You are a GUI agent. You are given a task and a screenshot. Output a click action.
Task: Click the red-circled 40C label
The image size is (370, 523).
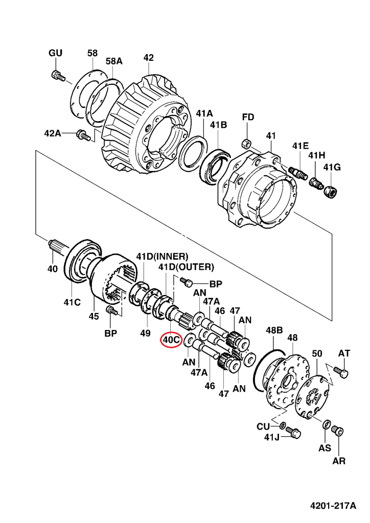(x=171, y=339)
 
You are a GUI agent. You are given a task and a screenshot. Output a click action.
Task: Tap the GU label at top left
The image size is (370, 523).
(x=55, y=53)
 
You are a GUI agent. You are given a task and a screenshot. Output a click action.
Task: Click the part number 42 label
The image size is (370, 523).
(x=148, y=58)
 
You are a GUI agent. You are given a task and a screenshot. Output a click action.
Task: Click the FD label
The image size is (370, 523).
(x=248, y=118)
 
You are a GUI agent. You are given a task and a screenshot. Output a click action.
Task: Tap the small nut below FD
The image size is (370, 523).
(x=245, y=142)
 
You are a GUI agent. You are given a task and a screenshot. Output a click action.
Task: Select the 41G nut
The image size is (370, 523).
(x=330, y=192)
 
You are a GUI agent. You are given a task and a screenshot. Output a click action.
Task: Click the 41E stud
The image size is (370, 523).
(x=297, y=173)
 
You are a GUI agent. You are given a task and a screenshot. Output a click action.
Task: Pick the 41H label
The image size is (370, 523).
(x=316, y=155)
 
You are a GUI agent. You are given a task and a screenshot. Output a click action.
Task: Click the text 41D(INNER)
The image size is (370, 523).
(x=162, y=256)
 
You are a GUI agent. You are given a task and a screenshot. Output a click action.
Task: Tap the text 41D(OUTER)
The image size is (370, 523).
(x=186, y=267)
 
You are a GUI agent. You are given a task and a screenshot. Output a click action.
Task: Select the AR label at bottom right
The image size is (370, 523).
(x=339, y=461)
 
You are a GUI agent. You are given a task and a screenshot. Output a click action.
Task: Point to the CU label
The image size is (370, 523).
(x=263, y=426)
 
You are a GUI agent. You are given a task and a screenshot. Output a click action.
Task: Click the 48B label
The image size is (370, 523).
(x=274, y=330)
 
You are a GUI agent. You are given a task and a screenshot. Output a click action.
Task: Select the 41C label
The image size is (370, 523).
(x=72, y=302)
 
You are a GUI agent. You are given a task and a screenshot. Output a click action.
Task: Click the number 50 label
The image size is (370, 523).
(x=317, y=353)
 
